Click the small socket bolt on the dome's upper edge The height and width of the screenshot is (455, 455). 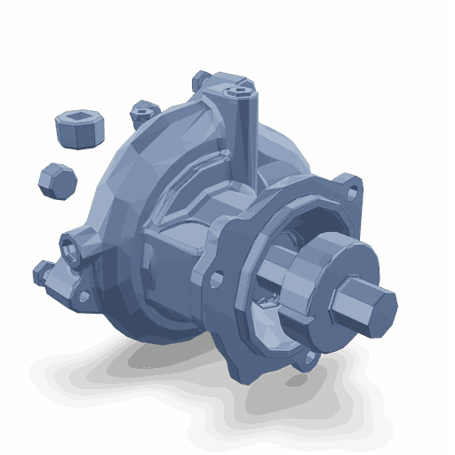pos(142,113)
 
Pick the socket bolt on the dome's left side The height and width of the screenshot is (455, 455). pos(74,244)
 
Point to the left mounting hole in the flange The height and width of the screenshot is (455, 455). pos(217,280)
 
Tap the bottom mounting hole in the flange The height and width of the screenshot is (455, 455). pos(310,358)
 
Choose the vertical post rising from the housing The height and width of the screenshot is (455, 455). pos(243,133)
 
